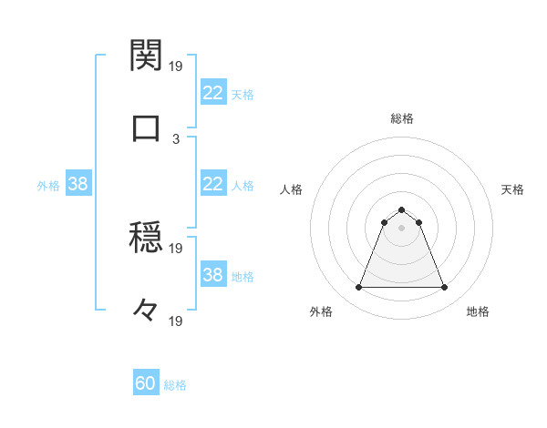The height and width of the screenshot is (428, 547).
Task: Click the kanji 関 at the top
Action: [147, 56]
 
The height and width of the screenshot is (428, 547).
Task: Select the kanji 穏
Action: [147, 239]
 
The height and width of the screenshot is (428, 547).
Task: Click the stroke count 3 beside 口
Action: [176, 138]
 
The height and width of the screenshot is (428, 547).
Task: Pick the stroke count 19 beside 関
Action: [176, 66]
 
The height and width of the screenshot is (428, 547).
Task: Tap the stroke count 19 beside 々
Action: [176, 321]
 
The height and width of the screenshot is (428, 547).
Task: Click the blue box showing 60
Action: [146, 384]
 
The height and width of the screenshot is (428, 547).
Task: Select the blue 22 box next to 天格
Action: [212, 93]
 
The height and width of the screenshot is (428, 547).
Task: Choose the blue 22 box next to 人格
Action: [212, 184]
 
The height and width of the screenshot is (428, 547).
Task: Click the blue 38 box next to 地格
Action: [212, 275]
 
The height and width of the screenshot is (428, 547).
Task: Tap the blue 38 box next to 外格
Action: [77, 184]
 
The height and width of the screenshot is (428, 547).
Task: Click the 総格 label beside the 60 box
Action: [175, 385]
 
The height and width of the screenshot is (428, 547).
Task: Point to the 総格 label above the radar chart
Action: [401, 118]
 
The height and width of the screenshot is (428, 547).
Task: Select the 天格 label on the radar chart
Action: [512, 189]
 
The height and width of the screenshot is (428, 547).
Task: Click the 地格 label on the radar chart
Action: [478, 311]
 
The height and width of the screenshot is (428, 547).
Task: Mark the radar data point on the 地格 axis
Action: [445, 288]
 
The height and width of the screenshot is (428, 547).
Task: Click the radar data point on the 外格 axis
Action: [358, 288]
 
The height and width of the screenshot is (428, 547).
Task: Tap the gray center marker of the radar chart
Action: [401, 228]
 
